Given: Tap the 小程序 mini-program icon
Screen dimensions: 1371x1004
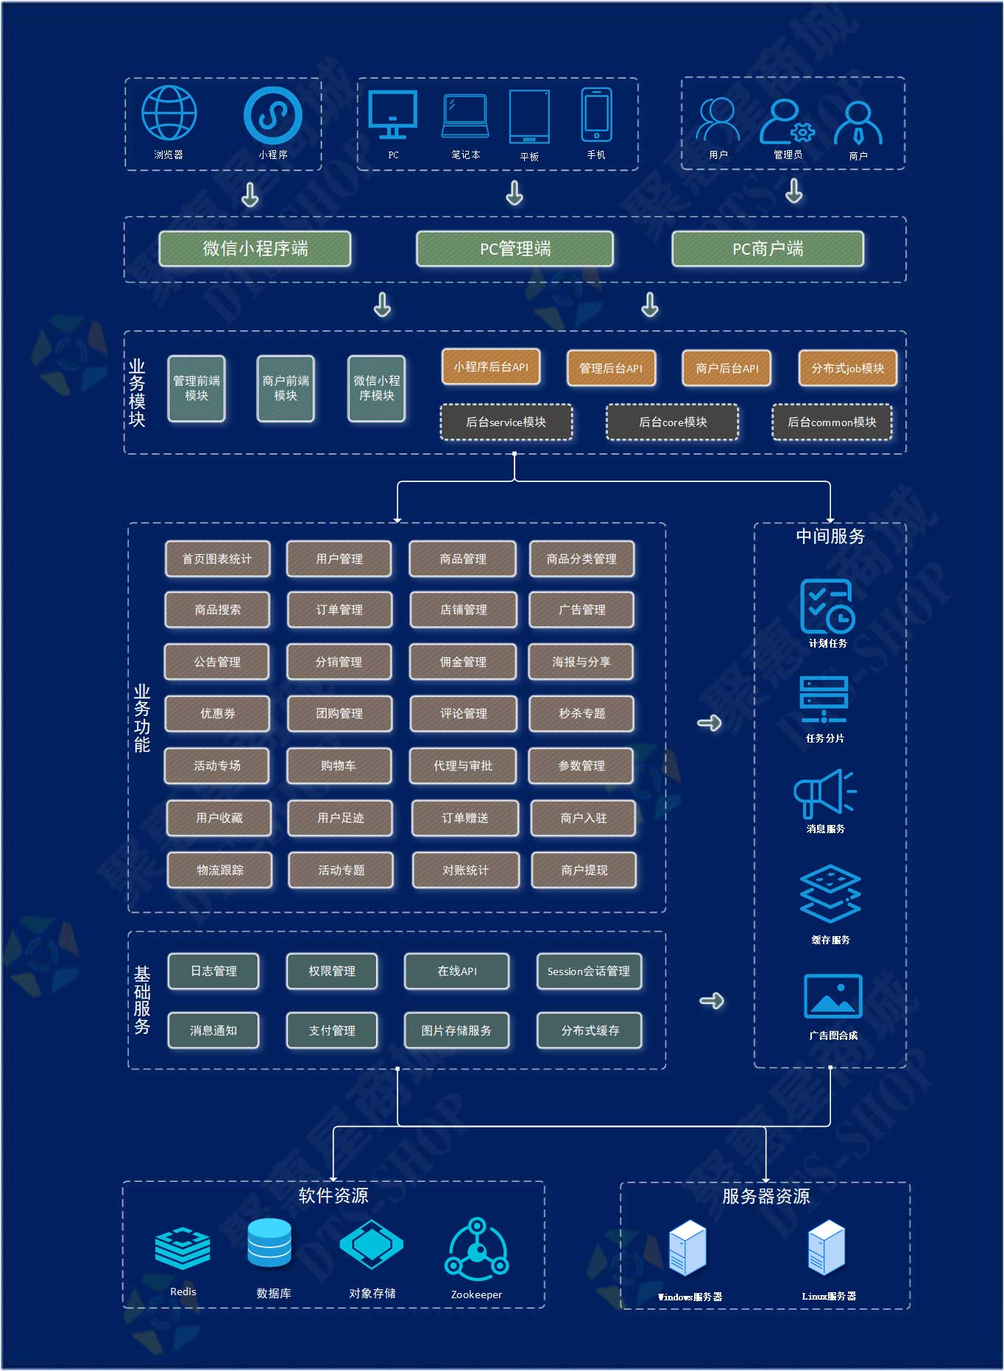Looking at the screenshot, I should (x=272, y=115).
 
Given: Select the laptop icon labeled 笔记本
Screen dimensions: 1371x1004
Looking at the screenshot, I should (x=465, y=116).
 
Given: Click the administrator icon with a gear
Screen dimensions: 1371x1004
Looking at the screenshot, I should (x=787, y=121).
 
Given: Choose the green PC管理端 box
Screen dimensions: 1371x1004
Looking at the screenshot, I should (x=515, y=249).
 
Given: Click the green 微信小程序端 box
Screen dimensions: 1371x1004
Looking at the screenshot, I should (x=255, y=249).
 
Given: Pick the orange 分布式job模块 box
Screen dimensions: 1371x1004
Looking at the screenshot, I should (x=847, y=368).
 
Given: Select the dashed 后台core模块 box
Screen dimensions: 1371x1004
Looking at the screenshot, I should (x=672, y=422).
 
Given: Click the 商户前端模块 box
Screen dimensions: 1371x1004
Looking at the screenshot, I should (x=286, y=389).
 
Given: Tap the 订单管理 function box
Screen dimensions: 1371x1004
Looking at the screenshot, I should (x=339, y=609).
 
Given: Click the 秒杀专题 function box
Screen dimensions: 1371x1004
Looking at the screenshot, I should (x=581, y=713).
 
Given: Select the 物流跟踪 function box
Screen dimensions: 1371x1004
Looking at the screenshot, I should (x=219, y=870).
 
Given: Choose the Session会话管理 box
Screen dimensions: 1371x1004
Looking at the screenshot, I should (x=589, y=971).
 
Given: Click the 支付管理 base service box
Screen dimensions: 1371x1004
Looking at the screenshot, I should (x=332, y=1030).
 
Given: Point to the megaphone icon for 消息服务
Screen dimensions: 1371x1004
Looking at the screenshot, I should (x=824, y=794).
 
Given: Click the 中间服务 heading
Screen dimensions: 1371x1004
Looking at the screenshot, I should (x=830, y=536).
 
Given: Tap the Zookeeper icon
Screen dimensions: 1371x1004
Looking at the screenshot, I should (x=477, y=1249).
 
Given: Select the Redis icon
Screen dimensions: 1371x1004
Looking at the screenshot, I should (x=183, y=1247).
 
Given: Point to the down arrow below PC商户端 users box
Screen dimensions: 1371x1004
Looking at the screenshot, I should (x=793, y=191).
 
